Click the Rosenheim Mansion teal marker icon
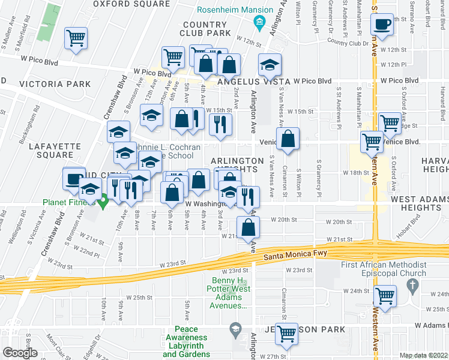(x=260, y=25)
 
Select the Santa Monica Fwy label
(x=295, y=255)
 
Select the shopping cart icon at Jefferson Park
(x=287, y=334)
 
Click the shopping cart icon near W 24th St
(x=384, y=295)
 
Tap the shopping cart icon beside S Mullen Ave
(x=76, y=38)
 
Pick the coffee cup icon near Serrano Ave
(x=382, y=25)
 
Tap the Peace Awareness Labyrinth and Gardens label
(x=191, y=337)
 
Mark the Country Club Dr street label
(x=348, y=43)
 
